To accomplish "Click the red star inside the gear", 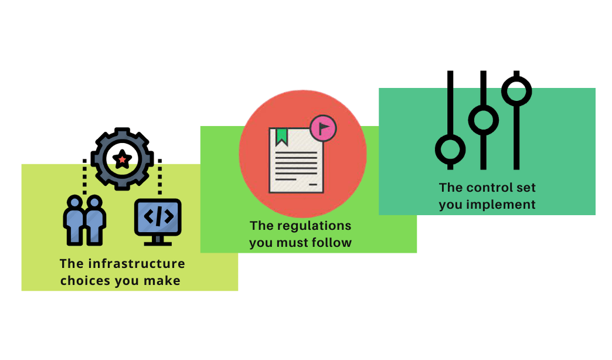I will (122, 158).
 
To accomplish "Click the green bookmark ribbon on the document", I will (282, 137).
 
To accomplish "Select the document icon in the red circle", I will (296, 161).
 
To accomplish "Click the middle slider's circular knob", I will (484, 121).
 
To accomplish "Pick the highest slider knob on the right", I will (517, 91).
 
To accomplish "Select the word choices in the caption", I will (86, 281).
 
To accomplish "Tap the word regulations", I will (313, 226).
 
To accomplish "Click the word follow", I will (332, 243).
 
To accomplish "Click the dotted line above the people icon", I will (84, 175).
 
